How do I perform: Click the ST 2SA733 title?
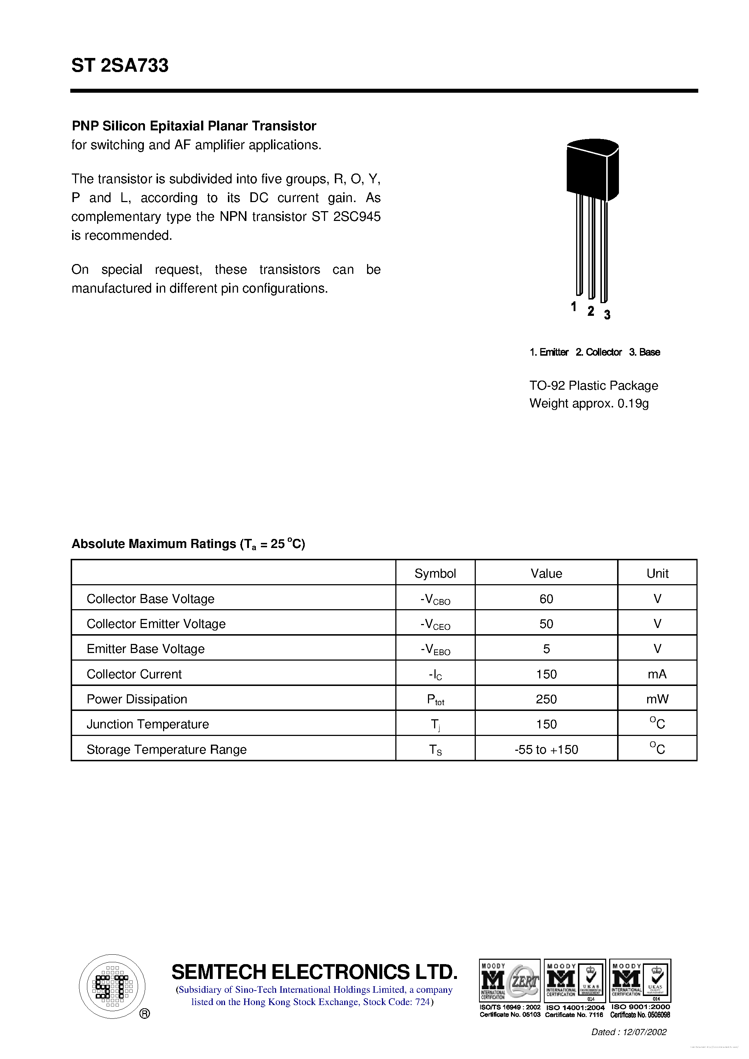click(x=120, y=66)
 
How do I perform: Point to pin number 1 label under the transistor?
click(x=573, y=306)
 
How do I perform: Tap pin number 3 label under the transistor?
click(x=607, y=315)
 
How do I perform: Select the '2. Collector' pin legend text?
click(x=598, y=352)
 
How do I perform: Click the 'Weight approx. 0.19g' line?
click(x=588, y=403)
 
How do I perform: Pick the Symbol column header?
click(x=435, y=573)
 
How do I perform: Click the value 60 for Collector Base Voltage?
click(x=546, y=599)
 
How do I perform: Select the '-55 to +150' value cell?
click(x=546, y=749)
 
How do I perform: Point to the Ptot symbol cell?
click(x=435, y=699)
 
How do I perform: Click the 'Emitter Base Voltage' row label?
click(x=145, y=649)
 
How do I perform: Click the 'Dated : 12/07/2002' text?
click(x=629, y=1032)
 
